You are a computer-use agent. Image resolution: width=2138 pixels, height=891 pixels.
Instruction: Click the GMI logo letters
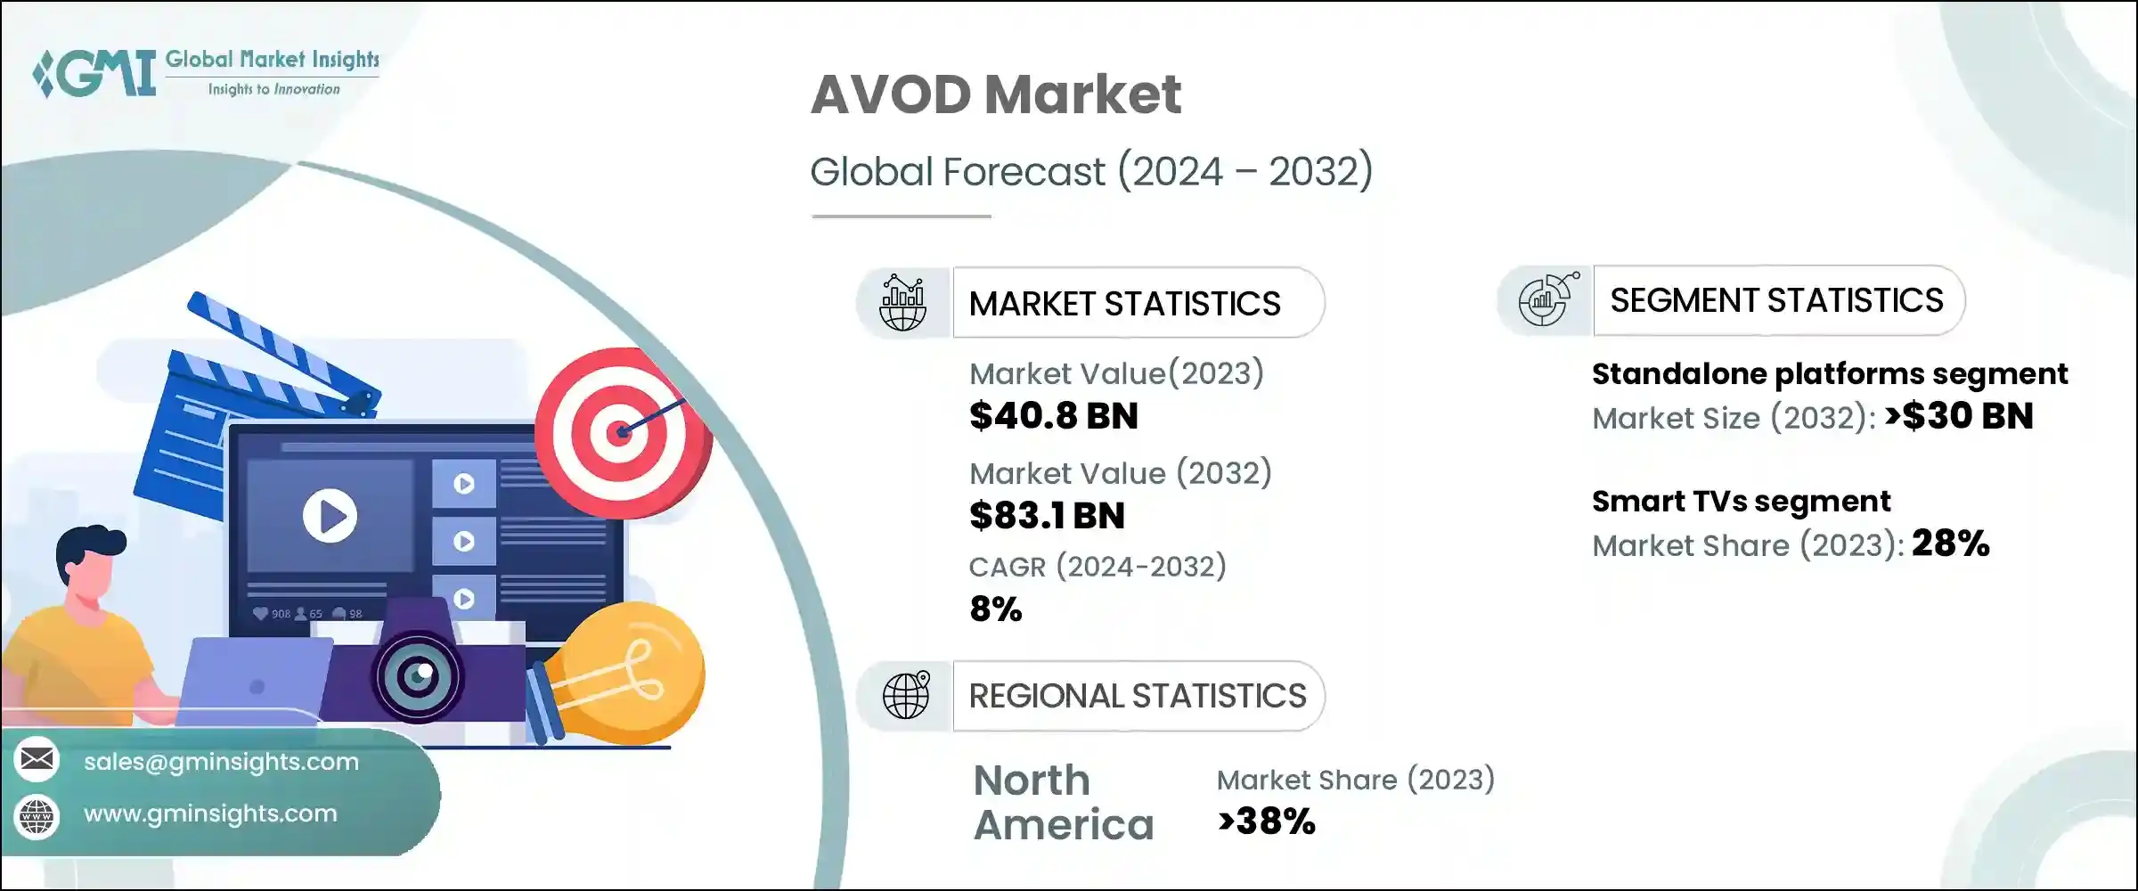coord(98,73)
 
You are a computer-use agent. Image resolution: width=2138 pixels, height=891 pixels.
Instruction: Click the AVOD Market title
coord(995,94)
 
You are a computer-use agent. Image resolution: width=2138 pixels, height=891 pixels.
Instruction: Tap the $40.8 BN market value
coord(1053,416)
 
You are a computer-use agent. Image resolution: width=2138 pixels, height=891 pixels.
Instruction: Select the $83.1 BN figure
coord(1047,516)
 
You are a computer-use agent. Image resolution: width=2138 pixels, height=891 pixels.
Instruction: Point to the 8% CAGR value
coord(995,609)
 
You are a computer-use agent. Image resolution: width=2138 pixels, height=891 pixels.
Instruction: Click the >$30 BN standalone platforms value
coord(1959,416)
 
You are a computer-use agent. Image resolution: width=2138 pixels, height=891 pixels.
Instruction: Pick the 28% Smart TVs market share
coord(1950,544)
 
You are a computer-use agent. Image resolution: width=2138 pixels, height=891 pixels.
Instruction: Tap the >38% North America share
coord(1266,822)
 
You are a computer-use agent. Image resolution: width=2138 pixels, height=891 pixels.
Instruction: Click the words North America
coord(1063,803)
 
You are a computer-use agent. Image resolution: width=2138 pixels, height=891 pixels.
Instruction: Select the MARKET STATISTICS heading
coord(1124,304)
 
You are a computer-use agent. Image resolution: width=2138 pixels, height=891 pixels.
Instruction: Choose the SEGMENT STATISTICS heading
coord(1776,301)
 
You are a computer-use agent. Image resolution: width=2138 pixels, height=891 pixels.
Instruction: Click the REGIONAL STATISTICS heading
coord(1137,696)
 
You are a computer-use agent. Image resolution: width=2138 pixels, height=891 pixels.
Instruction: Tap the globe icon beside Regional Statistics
coord(906,695)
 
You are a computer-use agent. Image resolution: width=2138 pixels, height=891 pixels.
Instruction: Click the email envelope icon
coord(37,760)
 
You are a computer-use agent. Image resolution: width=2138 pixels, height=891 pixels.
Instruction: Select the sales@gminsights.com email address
coord(221,762)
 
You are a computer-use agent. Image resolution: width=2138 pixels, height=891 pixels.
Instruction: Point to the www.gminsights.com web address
coord(210,813)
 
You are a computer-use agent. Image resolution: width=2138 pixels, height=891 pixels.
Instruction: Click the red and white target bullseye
coord(618,433)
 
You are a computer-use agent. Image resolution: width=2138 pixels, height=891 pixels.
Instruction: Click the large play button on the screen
coord(330,516)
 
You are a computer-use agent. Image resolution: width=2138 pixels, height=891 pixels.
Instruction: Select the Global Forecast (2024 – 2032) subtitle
coord(1090,171)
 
